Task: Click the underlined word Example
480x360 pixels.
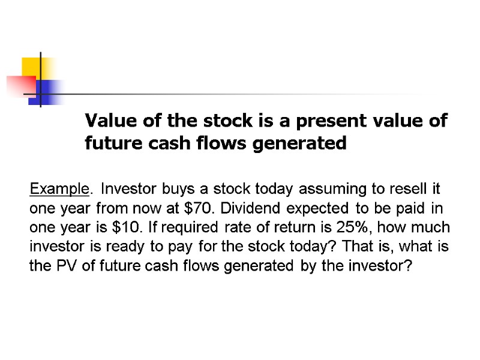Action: coord(59,190)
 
